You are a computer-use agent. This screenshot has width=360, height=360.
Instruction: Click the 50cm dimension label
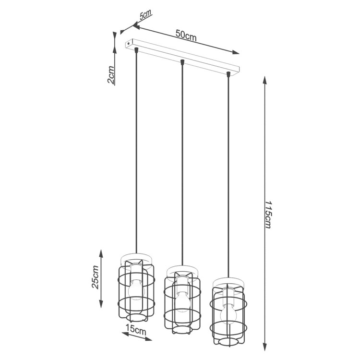(185, 35)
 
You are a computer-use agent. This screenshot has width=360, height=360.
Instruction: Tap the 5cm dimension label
(145, 15)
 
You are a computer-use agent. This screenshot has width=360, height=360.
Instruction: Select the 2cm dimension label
(111, 75)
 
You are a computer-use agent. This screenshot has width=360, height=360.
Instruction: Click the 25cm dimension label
(95, 278)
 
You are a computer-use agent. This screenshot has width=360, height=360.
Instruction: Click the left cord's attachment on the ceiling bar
(137, 49)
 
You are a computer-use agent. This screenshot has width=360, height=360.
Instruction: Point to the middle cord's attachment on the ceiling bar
(182, 62)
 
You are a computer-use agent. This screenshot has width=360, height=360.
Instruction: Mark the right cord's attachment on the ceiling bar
(228, 74)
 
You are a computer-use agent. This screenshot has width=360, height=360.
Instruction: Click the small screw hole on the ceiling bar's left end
(129, 43)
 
